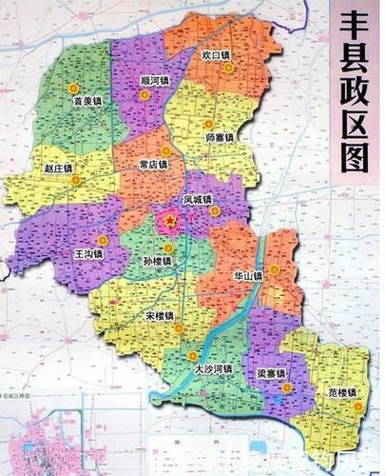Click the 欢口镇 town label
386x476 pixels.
click(217, 55)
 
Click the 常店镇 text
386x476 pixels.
click(152, 164)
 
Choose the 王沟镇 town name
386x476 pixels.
click(88, 255)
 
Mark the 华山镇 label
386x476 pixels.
click(246, 276)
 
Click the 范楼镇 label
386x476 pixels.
click(338, 392)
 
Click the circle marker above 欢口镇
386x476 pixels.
click(227, 41)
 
